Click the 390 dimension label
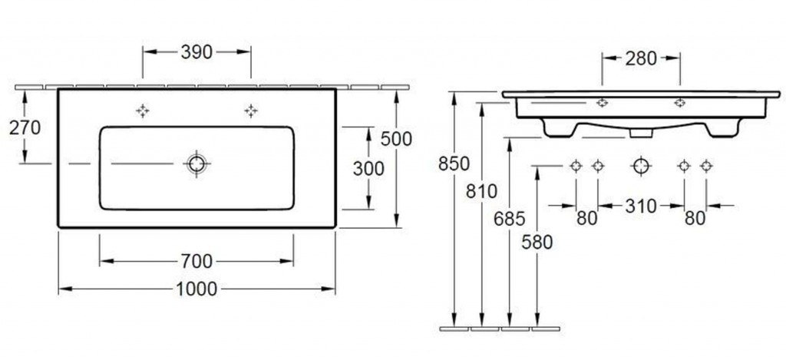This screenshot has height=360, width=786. click(196, 51)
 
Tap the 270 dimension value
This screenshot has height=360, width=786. click(25, 128)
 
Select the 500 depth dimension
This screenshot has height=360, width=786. click(396, 138)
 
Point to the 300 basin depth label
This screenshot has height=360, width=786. click(368, 168)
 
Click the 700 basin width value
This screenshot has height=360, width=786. click(196, 261)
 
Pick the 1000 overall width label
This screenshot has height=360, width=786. click(196, 289)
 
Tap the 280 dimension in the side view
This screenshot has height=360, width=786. click(641, 58)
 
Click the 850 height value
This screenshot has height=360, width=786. click(454, 163)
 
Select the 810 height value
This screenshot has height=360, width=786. click(481, 191)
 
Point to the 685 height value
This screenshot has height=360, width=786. click(510, 219)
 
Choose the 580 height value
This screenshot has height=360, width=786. click(537, 242)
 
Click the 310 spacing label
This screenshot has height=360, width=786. click(641, 206)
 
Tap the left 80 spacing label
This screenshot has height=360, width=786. click(587, 218)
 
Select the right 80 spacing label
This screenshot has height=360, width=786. click(695, 218)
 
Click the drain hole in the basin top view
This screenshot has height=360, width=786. click(196, 163)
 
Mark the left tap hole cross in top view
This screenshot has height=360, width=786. click(143, 111)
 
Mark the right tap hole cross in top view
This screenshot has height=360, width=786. click(251, 111)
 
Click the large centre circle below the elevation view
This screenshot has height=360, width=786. click(641, 166)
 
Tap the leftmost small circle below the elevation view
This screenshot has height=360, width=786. click(576, 166)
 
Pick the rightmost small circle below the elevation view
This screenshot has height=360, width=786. click(706, 166)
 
